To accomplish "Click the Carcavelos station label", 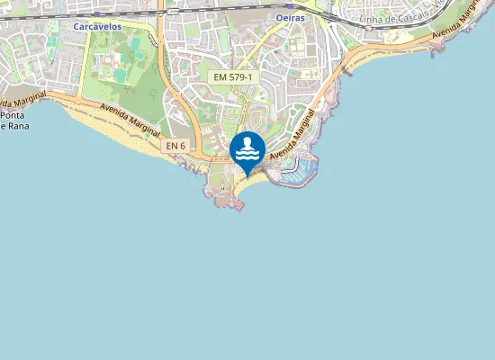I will coord(96,27).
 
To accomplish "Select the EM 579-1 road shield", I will coord(234,78).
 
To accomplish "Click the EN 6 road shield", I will coord(175,146).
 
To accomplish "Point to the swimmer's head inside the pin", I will coord(247,141).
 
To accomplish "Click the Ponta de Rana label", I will coord(13,121).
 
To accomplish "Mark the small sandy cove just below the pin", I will coord(253,182).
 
